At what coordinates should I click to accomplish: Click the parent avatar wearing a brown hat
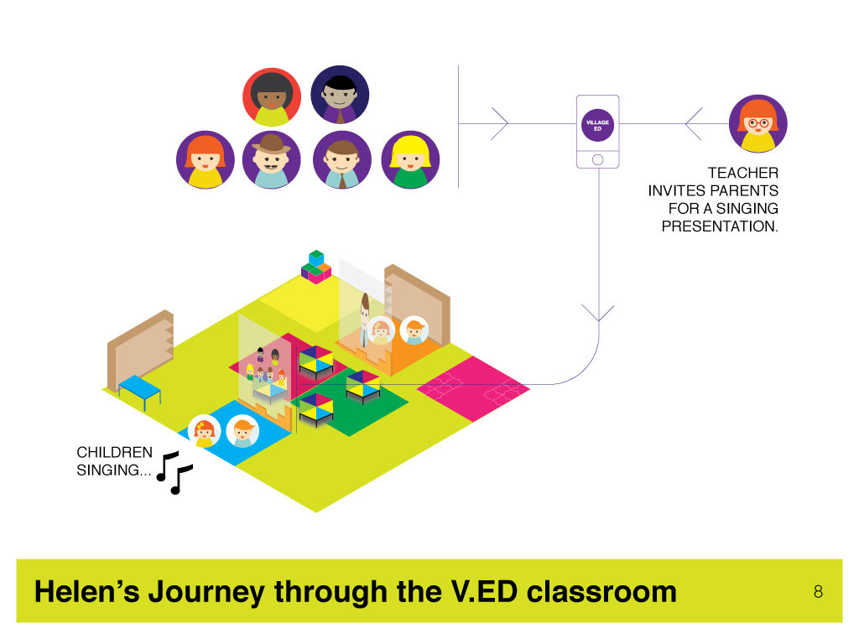(272, 159)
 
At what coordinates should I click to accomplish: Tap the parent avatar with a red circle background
(272, 97)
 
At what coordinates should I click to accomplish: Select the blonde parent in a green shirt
(410, 159)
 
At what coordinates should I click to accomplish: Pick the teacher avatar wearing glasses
(758, 124)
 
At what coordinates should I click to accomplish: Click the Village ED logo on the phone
(597, 126)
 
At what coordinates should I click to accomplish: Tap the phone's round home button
(597, 159)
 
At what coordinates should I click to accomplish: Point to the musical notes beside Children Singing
(174, 473)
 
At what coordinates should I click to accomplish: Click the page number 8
(819, 592)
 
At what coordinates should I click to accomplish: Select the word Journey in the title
(206, 593)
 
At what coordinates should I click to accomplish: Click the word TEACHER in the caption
(743, 173)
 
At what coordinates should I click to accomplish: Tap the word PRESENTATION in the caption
(720, 226)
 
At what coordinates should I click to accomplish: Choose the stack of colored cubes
(316, 267)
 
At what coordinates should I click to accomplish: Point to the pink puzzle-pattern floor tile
(473, 389)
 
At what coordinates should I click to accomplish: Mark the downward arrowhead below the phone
(598, 313)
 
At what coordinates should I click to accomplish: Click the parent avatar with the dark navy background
(340, 95)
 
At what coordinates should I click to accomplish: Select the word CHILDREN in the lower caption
(114, 452)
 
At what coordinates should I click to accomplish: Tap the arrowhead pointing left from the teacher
(694, 124)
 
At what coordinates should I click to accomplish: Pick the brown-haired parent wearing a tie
(342, 159)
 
